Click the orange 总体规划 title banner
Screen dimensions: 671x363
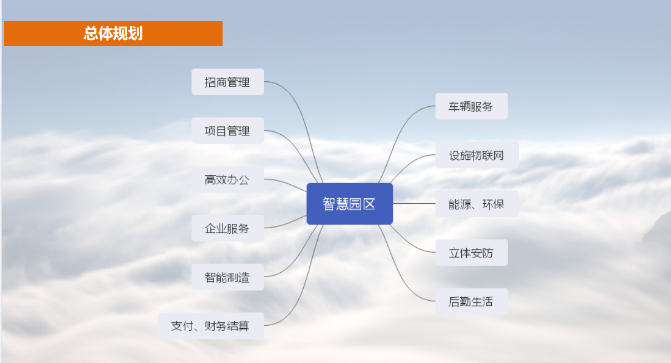tap(114, 33)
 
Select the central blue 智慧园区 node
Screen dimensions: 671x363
tap(349, 204)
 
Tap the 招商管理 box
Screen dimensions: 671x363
tap(228, 82)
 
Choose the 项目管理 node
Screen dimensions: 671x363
tap(228, 131)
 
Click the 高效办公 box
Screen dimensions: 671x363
tap(228, 180)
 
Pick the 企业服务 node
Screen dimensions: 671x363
tap(228, 228)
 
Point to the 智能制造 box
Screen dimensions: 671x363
tap(228, 277)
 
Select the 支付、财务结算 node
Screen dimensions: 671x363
tap(211, 326)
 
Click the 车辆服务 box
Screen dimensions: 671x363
tap(471, 106)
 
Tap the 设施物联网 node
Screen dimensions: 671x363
tap(477, 155)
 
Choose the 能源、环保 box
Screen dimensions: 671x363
tap(477, 204)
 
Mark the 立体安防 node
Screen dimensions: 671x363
tap(471, 253)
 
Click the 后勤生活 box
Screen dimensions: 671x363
tap(471, 302)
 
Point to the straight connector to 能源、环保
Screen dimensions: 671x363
tap(414, 204)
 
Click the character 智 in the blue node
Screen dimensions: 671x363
tap(329, 204)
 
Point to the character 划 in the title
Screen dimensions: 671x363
tap(135, 33)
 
